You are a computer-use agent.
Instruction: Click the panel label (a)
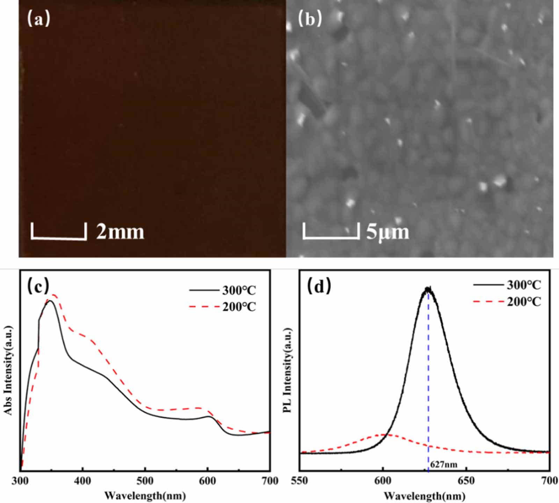click(x=38, y=19)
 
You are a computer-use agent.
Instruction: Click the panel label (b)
click(x=310, y=19)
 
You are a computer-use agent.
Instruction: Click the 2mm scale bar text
click(x=120, y=232)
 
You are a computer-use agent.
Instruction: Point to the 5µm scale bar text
click(x=387, y=232)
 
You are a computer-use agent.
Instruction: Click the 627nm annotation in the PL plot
click(x=443, y=465)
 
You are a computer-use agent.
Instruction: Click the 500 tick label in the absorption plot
click(x=145, y=481)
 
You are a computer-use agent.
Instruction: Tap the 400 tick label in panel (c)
click(x=82, y=481)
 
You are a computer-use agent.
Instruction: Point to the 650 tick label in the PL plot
click(x=466, y=481)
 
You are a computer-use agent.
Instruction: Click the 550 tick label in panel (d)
click(x=300, y=481)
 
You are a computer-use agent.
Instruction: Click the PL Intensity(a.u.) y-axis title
click(x=288, y=370)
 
